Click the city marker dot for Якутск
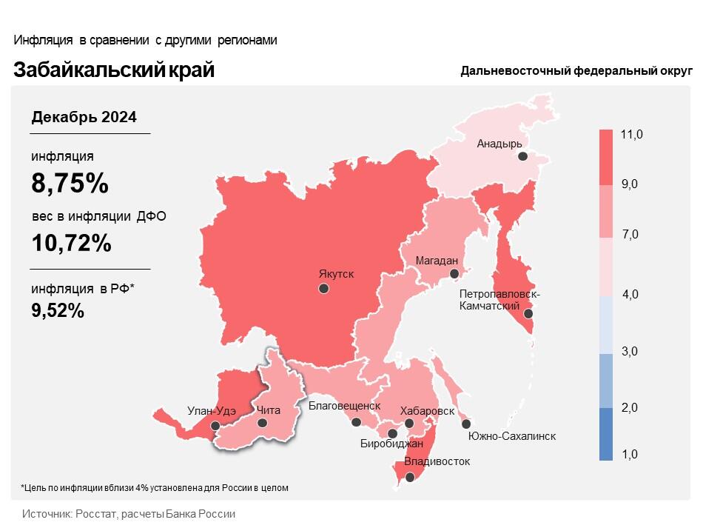323,289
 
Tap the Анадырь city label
499,144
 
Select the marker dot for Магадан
454,274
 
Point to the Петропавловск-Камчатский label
499,300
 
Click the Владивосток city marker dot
409,478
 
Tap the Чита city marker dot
262,423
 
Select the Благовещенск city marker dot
356,422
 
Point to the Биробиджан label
391,444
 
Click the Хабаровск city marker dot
408,424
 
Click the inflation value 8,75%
70,183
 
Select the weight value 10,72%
72,242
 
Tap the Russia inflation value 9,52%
58,311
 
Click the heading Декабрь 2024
84,117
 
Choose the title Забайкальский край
114,70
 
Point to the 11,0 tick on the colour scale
632,134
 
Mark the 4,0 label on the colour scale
630,295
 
